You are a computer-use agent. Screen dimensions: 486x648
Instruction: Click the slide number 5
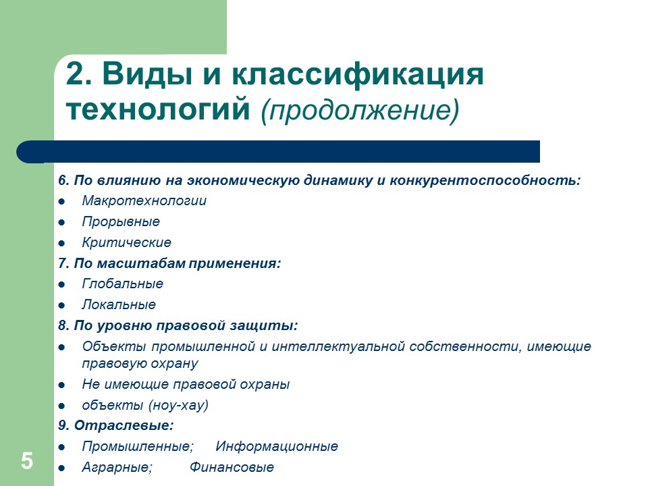pyautogui.click(x=26, y=462)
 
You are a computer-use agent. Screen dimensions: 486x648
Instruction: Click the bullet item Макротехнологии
pyautogui.click(x=144, y=201)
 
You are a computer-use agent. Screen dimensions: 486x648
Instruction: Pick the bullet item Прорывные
pyautogui.click(x=121, y=222)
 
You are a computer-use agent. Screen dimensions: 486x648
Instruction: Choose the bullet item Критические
pyautogui.click(x=126, y=242)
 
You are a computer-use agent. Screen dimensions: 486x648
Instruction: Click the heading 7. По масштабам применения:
pyautogui.click(x=169, y=263)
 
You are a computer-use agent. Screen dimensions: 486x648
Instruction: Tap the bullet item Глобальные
pyautogui.click(x=122, y=284)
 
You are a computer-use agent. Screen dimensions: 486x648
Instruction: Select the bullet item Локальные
pyautogui.click(x=119, y=305)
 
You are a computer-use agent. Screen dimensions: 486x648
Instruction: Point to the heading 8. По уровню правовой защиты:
pyautogui.click(x=178, y=326)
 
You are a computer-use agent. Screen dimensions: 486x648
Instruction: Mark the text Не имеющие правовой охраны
pyautogui.click(x=186, y=385)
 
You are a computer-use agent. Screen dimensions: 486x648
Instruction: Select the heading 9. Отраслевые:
pyautogui.click(x=115, y=426)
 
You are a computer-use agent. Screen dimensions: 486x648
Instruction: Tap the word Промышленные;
pyautogui.click(x=138, y=447)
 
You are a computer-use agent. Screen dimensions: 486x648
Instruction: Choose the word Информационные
pyautogui.click(x=277, y=447)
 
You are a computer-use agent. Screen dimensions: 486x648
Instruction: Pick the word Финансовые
pyautogui.click(x=232, y=468)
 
